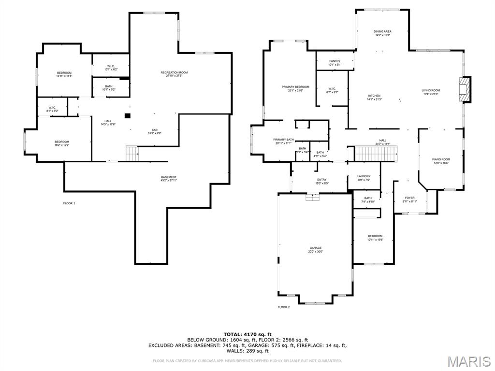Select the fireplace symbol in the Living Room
(x=465, y=89)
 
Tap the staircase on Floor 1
(x=132, y=153)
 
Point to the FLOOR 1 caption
(x=69, y=203)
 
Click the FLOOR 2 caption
(x=284, y=307)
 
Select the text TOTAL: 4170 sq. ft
(x=247, y=334)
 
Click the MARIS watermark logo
(x=468, y=361)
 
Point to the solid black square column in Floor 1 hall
(x=127, y=115)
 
